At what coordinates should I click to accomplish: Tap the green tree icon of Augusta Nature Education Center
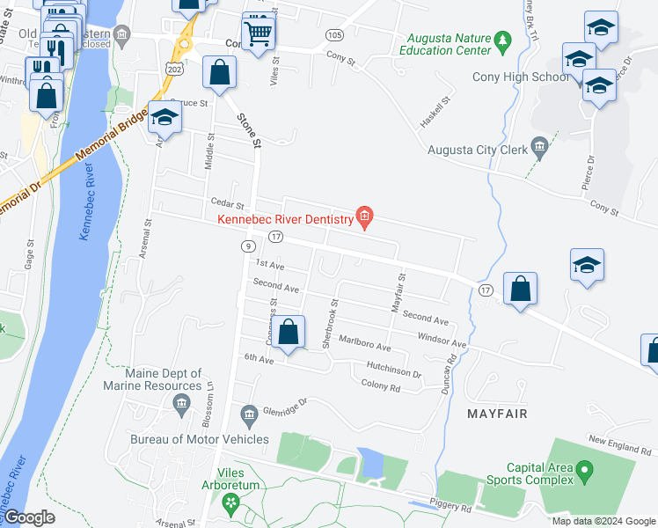pos(502,40)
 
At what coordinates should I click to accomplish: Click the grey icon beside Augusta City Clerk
pos(539,144)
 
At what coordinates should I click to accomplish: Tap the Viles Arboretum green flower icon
pos(231,502)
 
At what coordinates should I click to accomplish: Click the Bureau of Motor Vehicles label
pos(199,438)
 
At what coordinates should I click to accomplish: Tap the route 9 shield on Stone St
pos(249,246)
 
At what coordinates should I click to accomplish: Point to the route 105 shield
pos(333,34)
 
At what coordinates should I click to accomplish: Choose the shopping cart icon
pos(257,33)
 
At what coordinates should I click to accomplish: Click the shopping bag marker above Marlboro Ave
pos(288,333)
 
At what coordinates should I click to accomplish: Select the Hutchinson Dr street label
pos(388,369)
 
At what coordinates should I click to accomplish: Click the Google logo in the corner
pos(28,517)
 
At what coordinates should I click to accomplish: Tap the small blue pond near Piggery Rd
pos(370,460)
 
